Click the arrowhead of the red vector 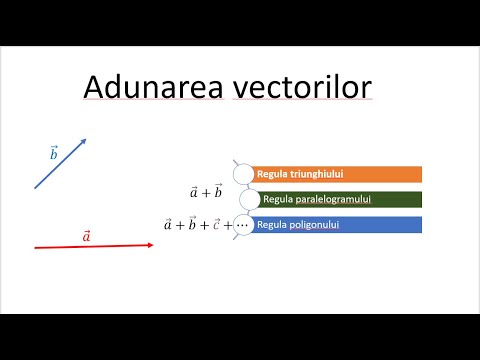pyautogui.click(x=150, y=245)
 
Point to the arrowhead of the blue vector pyautogui.click(x=84, y=141)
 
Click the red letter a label pyautogui.click(x=86, y=235)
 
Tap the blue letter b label pyautogui.click(x=54, y=153)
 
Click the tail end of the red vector pyautogui.click(x=36, y=247)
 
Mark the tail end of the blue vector pyautogui.click(x=36, y=188)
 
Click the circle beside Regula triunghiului pyautogui.click(x=244, y=174)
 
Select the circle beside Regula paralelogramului pyautogui.click(x=250, y=199)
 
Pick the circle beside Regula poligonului pyautogui.click(x=244, y=225)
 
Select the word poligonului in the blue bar pyautogui.click(x=312, y=225)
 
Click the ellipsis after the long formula pyautogui.click(x=242, y=226)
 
